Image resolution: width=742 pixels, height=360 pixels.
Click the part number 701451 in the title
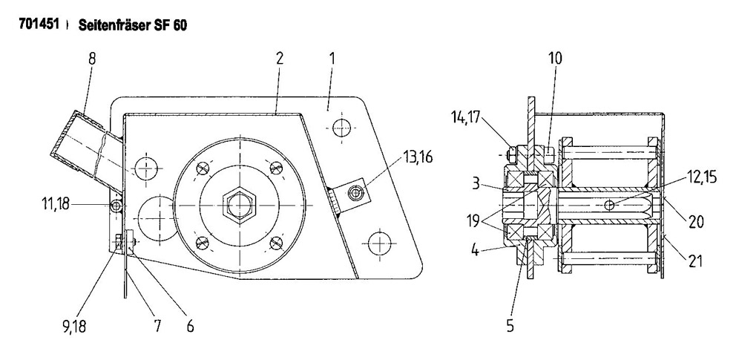[39, 24]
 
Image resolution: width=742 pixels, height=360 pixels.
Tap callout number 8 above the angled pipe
[92, 59]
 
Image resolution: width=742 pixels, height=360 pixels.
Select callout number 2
[280, 59]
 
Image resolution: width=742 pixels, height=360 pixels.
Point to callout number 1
[332, 59]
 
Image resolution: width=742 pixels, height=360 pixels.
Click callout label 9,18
[75, 326]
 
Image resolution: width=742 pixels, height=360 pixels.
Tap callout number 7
[157, 326]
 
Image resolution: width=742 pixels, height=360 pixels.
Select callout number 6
[190, 326]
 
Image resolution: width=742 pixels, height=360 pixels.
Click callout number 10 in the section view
[555, 59]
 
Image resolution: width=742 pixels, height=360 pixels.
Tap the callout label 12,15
[702, 177]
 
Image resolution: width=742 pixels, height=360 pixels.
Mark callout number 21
[696, 261]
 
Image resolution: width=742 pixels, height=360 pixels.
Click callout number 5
[510, 326]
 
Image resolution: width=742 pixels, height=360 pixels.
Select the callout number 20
[697, 222]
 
